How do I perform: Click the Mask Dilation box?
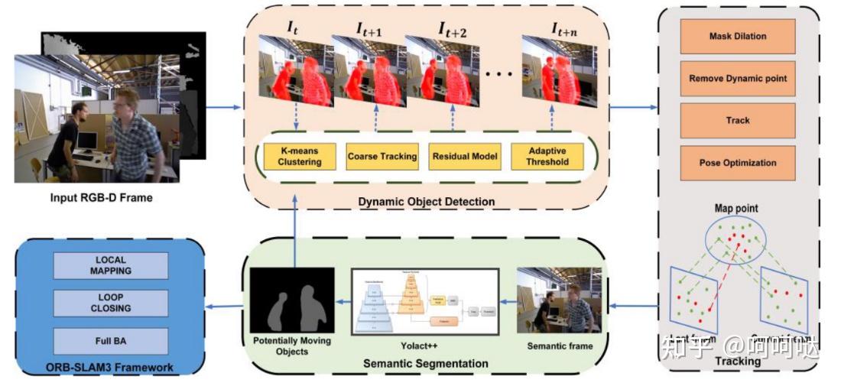738,36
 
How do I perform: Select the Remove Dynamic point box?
738,78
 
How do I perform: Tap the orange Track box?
738,120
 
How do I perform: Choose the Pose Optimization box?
738,162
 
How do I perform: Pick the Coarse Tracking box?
382,156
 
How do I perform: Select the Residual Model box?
465,156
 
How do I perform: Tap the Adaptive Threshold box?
547,156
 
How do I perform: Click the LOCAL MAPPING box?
113,265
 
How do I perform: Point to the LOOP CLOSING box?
113,303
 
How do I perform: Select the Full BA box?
113,337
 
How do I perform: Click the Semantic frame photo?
560,300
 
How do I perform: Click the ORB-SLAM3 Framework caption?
110,368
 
